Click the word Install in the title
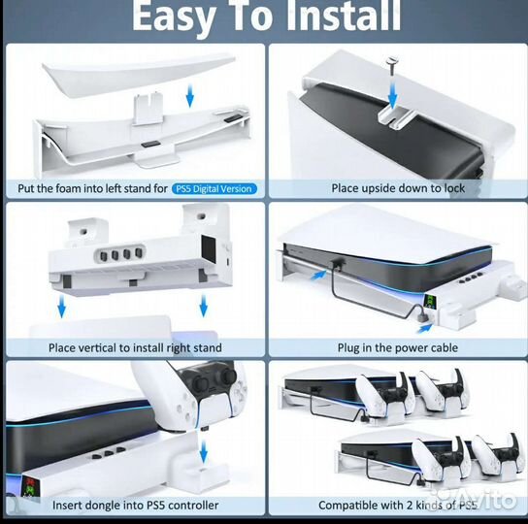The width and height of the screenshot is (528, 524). [344, 16]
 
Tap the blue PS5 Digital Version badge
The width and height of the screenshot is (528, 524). [214, 188]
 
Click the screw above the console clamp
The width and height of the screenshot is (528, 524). [392, 67]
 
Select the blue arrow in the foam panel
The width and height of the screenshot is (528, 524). [190, 96]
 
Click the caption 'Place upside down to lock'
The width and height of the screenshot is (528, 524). [398, 188]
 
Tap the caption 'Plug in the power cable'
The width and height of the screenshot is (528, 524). [398, 347]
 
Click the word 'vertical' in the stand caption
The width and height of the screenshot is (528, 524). [100, 347]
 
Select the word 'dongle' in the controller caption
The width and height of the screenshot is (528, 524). [105, 506]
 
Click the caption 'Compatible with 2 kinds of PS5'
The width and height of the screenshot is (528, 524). [398, 506]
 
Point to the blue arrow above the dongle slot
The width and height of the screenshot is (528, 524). [204, 451]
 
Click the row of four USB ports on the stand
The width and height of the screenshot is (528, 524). [120, 254]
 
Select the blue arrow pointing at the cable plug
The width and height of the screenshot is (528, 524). [425, 328]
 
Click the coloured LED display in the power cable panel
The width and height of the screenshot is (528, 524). [429, 302]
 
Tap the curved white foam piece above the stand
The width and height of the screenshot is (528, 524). [138, 75]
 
